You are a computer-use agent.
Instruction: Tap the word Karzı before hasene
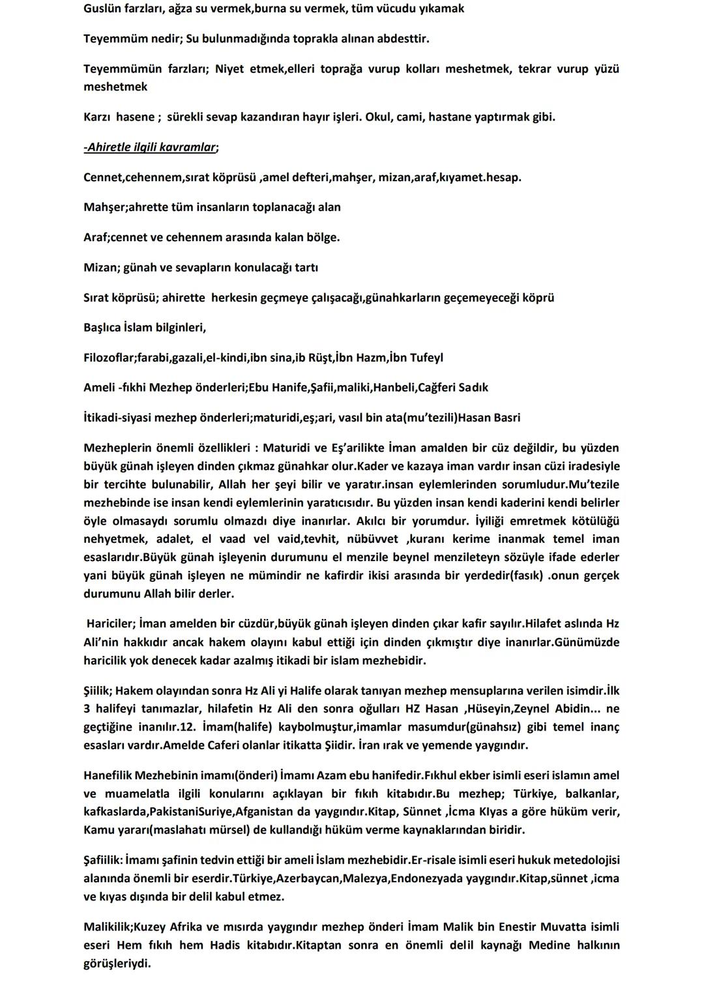pyautogui.click(x=97, y=117)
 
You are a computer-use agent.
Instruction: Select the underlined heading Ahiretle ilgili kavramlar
pyautogui.click(x=151, y=147)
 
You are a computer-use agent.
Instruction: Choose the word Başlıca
pyautogui.click(x=102, y=327)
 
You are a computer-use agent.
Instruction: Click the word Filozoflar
pyautogui.click(x=108, y=357)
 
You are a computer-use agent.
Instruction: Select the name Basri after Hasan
pyautogui.click(x=505, y=417)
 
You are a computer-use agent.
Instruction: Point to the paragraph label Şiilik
pyautogui.click(x=97, y=690)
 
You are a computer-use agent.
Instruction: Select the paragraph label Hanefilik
pyautogui.click(x=108, y=775)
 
